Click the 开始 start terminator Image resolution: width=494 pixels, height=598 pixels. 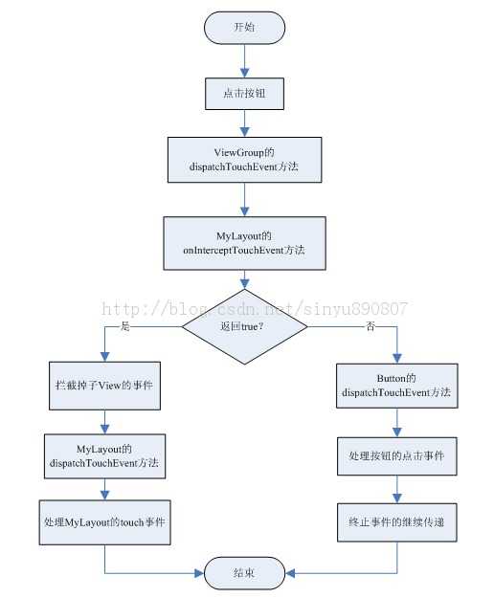coord(244,28)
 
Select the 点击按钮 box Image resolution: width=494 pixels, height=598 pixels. coord(244,94)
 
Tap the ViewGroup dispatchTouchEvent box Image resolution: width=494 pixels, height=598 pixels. coord(244,160)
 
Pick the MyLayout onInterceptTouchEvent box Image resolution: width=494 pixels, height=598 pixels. coord(244,243)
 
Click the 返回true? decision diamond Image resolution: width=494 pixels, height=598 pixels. coord(244,326)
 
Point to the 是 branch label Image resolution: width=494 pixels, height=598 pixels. coord(125,326)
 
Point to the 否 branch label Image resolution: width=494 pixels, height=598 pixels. coord(370,326)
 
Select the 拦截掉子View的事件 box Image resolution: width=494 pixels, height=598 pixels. coord(104,386)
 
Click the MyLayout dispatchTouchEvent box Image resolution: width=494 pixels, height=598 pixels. coord(104,456)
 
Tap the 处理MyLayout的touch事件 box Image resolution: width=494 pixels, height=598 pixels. coord(104,522)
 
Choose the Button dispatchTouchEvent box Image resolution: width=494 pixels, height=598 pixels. coord(396,386)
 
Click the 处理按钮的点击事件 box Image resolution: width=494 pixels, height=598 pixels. coord(396,456)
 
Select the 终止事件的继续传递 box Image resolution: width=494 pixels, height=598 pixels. coord(396,522)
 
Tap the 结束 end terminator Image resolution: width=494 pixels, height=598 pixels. coord(244,573)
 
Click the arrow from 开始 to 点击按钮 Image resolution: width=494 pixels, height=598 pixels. coord(244,61)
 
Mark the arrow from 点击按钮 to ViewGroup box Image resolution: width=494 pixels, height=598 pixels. coord(244,123)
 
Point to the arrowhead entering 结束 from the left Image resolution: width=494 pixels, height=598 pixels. coord(199,573)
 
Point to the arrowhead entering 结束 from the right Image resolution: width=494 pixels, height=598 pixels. coord(290,573)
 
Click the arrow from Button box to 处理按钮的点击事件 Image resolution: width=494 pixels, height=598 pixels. coord(396,423)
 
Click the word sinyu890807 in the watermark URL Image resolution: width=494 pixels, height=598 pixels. coord(355,309)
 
